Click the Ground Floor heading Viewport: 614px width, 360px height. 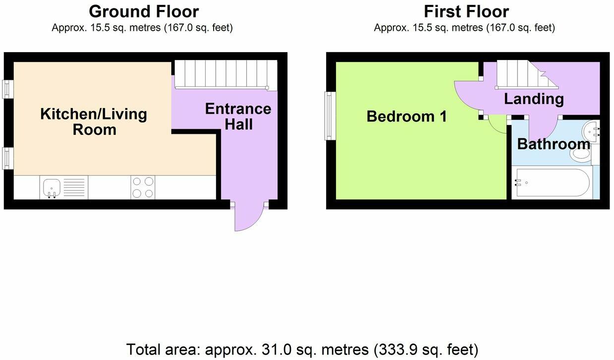point(144,11)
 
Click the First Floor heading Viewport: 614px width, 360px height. point(466,11)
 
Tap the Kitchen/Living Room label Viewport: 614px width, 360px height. point(94,121)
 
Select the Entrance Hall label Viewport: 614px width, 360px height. point(238,116)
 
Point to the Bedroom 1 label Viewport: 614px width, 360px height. point(406,117)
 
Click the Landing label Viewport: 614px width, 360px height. point(534,99)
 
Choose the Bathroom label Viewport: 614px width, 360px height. point(553,144)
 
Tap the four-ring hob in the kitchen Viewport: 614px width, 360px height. point(143,187)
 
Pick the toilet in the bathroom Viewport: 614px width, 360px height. point(582,154)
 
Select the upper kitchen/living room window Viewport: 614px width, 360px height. point(8,89)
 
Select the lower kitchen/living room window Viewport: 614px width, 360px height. point(8,157)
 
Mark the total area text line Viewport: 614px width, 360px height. point(302,349)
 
